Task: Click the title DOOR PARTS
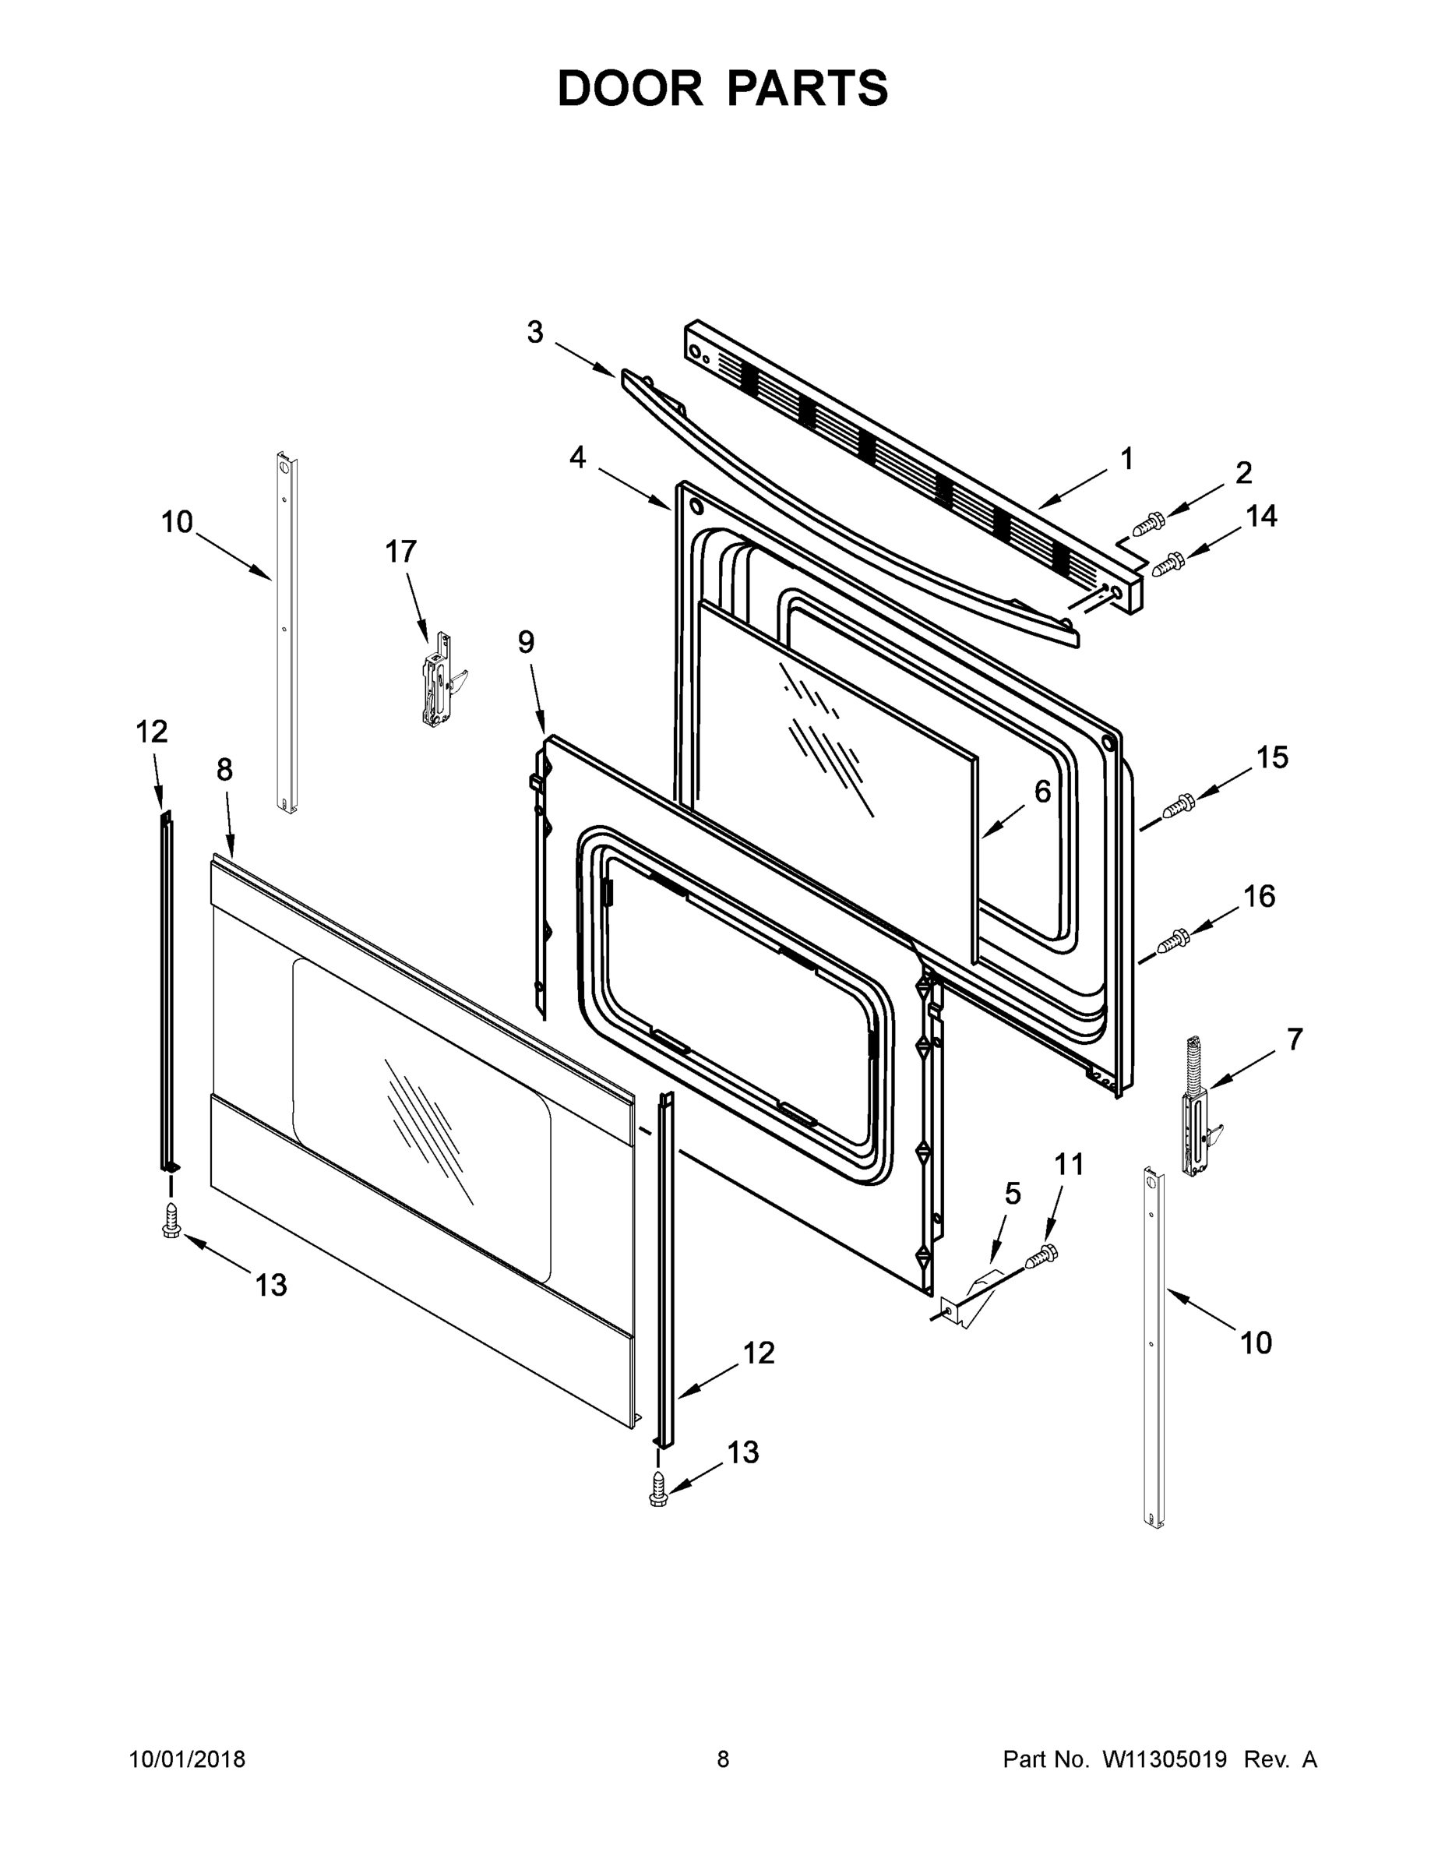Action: click(723, 89)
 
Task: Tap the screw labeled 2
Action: click(1147, 523)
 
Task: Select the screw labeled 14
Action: click(1168, 565)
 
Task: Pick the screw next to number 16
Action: click(1171, 942)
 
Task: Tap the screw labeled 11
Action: click(1041, 1256)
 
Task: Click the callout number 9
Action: click(526, 641)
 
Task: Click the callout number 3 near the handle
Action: click(535, 332)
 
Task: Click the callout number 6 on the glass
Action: click(1041, 792)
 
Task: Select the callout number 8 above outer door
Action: click(224, 770)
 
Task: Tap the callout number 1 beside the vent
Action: click(1126, 459)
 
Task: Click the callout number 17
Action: click(400, 552)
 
